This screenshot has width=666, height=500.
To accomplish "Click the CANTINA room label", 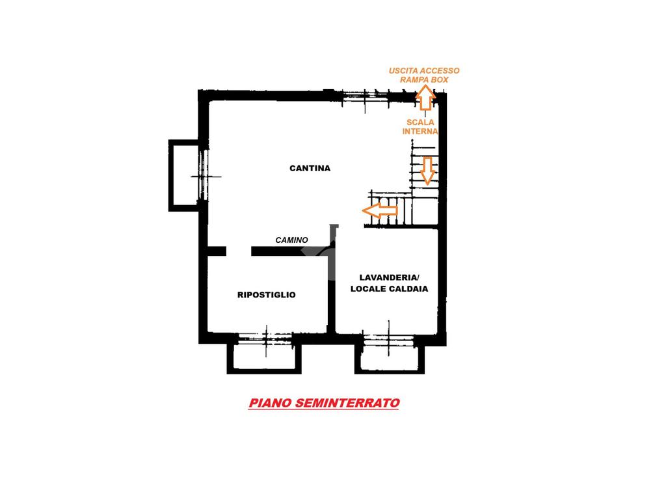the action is (x=310, y=168).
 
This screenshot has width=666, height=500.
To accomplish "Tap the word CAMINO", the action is (x=291, y=240).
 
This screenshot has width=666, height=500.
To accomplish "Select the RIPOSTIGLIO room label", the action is (x=267, y=295).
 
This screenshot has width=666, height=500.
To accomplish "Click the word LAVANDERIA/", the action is (x=389, y=276).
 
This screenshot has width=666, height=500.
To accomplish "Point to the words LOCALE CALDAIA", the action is (x=389, y=288).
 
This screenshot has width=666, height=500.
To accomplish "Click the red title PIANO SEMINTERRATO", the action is (x=324, y=403).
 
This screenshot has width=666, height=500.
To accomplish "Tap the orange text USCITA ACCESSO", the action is (x=424, y=70).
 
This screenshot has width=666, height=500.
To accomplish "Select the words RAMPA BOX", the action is (x=424, y=79).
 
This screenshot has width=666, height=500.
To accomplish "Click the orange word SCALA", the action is (x=420, y=122).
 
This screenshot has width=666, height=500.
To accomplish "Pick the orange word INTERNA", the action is (x=420, y=131).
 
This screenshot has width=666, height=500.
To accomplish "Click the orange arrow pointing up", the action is (x=425, y=97).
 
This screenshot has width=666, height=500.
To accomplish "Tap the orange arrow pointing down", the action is (x=427, y=171).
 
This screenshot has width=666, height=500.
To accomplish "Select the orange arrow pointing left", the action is (x=380, y=210).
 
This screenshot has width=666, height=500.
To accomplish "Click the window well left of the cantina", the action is (x=183, y=175).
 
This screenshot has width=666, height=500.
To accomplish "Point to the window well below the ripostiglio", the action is (x=264, y=356).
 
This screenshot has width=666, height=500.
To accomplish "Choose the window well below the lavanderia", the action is (x=389, y=356).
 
